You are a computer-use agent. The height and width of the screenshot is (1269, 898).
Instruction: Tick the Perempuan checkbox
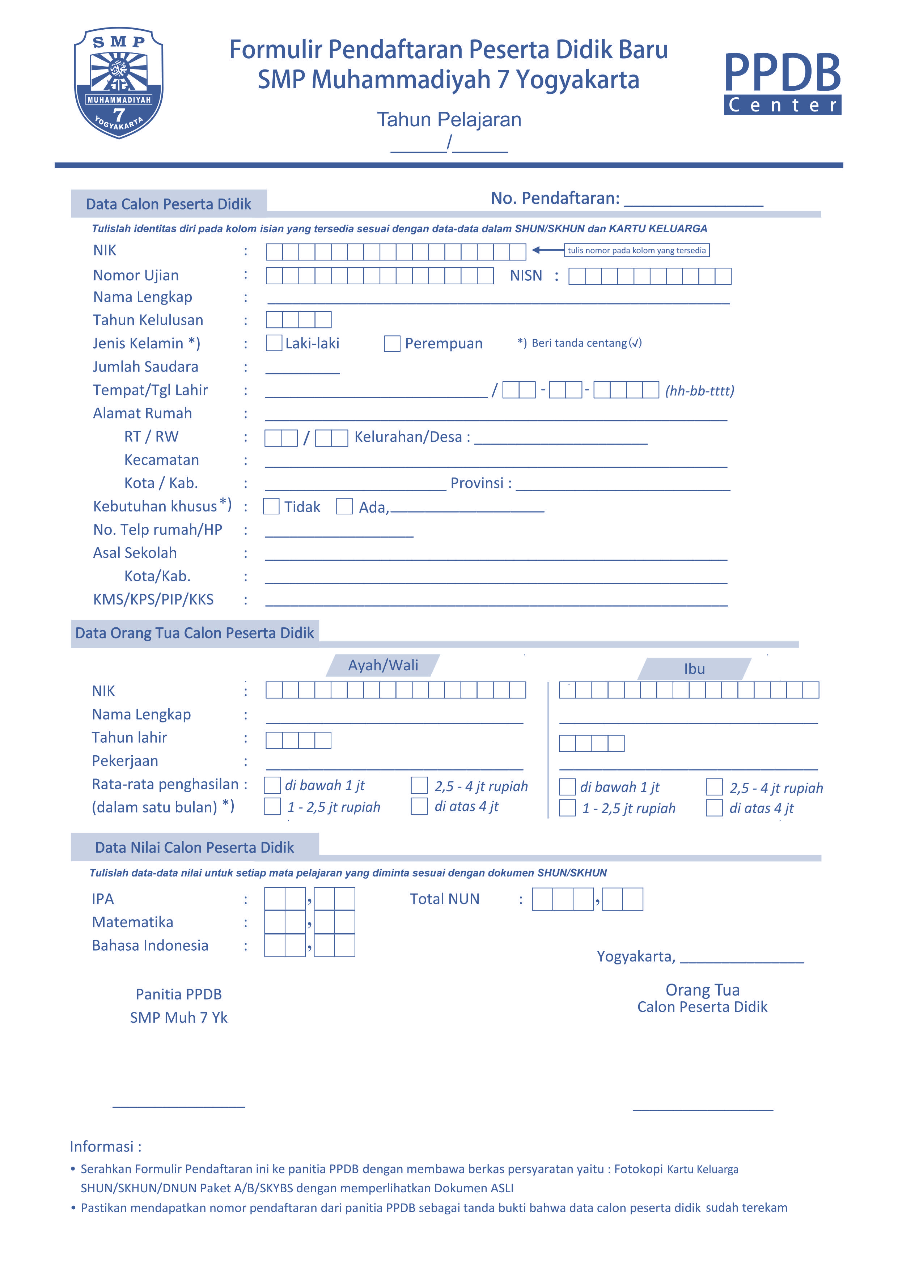pos(392,343)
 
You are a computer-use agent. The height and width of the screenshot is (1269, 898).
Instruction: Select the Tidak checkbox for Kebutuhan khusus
pos(271,506)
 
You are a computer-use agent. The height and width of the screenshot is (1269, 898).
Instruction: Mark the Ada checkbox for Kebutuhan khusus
pos(344,506)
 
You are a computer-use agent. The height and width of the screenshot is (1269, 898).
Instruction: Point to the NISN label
pos(526,275)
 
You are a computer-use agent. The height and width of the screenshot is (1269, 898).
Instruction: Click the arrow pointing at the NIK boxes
pos(547,250)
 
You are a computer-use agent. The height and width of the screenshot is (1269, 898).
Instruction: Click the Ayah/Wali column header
pos(383,666)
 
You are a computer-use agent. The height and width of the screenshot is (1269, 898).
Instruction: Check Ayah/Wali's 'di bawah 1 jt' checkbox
pos(272,785)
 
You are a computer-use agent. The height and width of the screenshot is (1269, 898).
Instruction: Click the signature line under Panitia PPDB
pos(179,1105)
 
